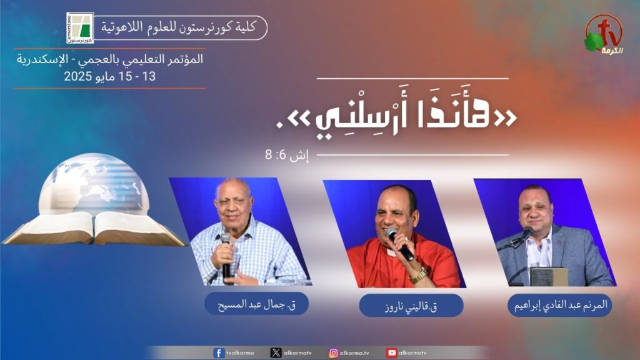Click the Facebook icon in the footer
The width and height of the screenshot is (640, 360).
(219, 352)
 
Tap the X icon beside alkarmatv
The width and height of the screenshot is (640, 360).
(276, 352)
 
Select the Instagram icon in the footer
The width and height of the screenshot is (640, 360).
(334, 352)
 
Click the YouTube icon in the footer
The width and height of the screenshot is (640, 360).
(392, 352)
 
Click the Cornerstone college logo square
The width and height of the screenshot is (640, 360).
(80, 27)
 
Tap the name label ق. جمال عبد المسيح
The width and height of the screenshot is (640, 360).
(256, 304)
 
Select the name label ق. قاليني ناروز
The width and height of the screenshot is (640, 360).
(411, 306)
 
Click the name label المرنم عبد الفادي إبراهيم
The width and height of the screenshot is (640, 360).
(559, 305)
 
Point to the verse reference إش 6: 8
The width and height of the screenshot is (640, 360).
(287, 155)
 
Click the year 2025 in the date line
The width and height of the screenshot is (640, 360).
(78, 76)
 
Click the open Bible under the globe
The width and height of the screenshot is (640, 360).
(94, 229)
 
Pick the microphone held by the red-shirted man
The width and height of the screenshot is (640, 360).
(400, 244)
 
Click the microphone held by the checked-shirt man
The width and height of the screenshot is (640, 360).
(226, 257)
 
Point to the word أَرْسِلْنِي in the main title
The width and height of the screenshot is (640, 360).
(355, 121)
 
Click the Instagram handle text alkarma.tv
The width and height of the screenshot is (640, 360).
(354, 353)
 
